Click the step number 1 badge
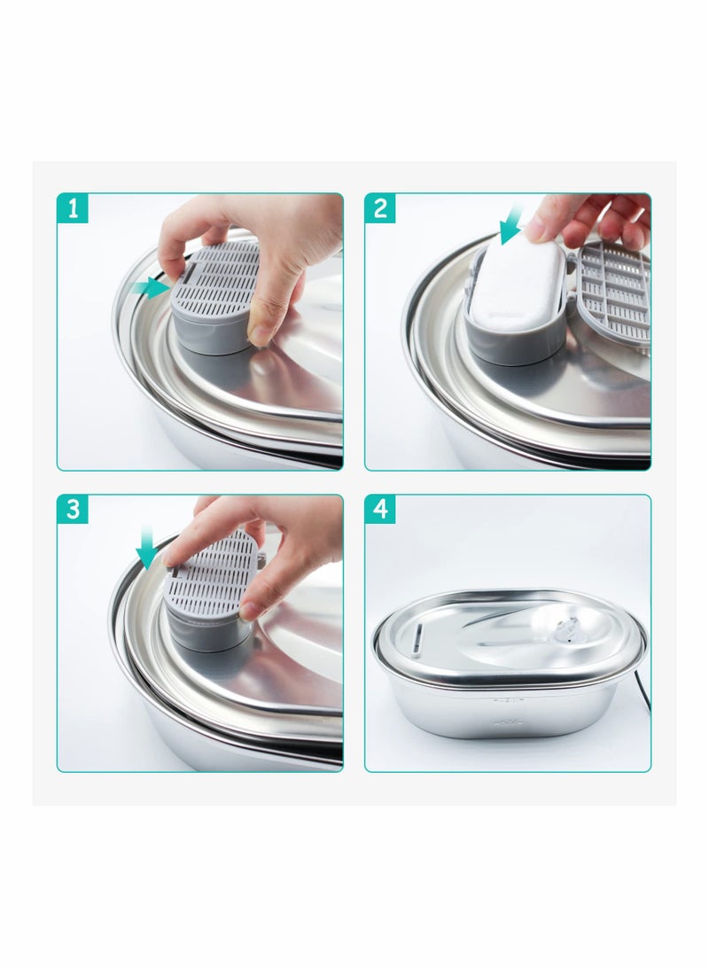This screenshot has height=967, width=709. tap(73, 208)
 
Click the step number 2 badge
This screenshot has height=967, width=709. tap(380, 208)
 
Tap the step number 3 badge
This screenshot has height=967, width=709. tap(73, 510)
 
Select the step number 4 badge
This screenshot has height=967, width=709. tap(380, 510)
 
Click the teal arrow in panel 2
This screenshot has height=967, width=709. tap(511, 226)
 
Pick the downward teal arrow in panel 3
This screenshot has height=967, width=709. tap(147, 547)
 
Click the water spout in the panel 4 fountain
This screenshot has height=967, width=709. tap(566, 633)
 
